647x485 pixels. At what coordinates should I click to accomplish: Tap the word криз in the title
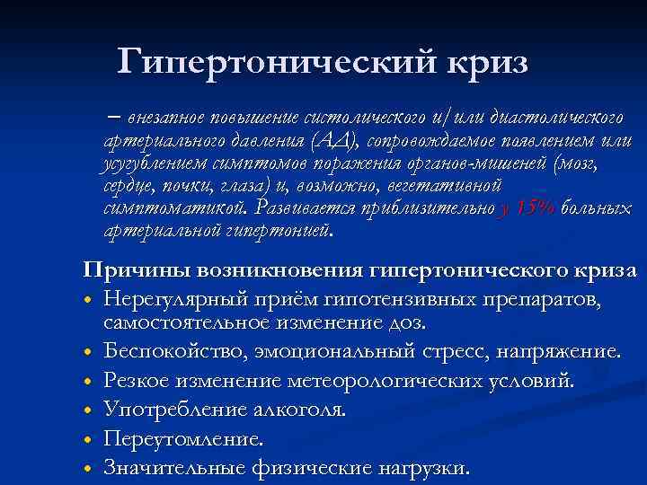pyautogui.click(x=483, y=63)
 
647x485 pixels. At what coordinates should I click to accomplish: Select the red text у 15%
pyautogui.click(x=526, y=208)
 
